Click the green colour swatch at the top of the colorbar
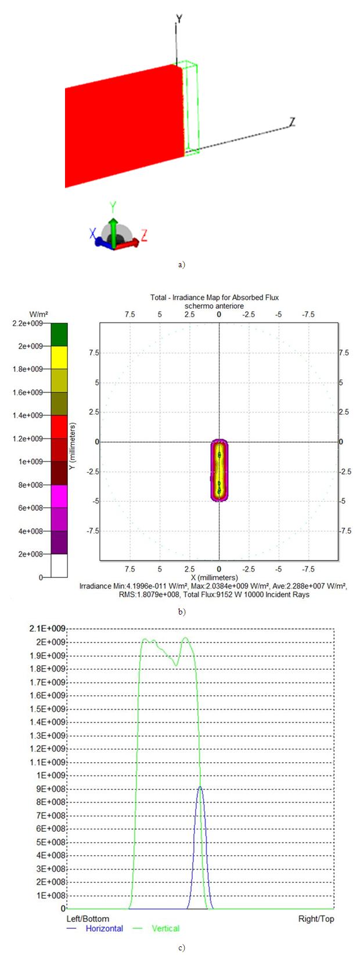tap(59, 334)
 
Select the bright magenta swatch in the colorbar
tap(59, 496)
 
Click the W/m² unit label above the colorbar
tap(39, 314)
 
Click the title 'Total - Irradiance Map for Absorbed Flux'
tap(214, 297)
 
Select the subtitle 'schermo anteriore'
tap(214, 306)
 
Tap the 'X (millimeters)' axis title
tap(214, 577)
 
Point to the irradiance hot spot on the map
tap(219, 470)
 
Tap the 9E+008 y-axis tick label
tap(51, 789)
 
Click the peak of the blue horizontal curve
tap(200, 787)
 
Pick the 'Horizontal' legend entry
tap(104, 928)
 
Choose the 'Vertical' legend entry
tap(165, 928)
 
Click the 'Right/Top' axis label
tap(316, 918)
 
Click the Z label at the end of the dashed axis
tap(293, 121)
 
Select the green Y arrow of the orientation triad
tap(114, 221)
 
